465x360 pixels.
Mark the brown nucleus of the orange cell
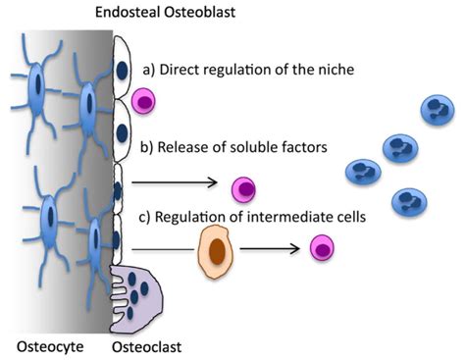[x=214, y=252]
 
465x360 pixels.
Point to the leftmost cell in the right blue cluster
[x=362, y=172]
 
